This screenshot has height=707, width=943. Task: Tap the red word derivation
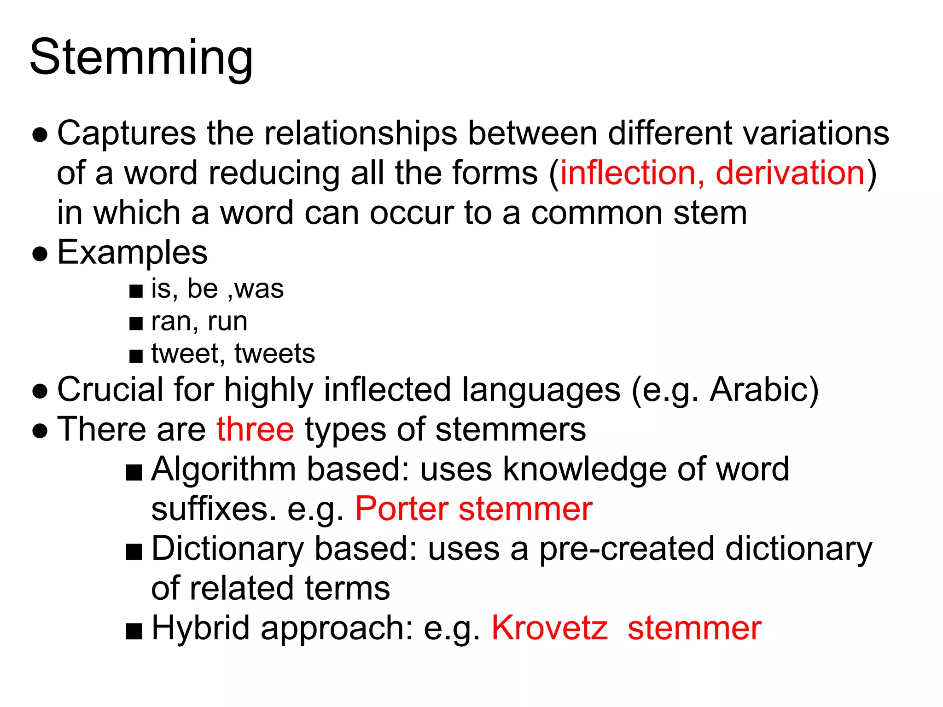(790, 173)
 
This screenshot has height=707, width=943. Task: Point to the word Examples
(132, 253)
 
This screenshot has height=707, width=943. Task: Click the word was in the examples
(259, 290)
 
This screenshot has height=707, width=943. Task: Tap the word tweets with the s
(274, 354)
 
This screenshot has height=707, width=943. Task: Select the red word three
(255, 429)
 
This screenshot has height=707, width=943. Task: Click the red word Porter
(402, 509)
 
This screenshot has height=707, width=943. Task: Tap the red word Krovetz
(549, 628)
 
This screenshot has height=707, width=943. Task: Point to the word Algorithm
(224, 469)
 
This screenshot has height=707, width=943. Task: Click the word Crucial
(110, 390)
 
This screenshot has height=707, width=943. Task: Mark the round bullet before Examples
(40, 254)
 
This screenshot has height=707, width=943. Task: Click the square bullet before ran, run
(136, 324)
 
